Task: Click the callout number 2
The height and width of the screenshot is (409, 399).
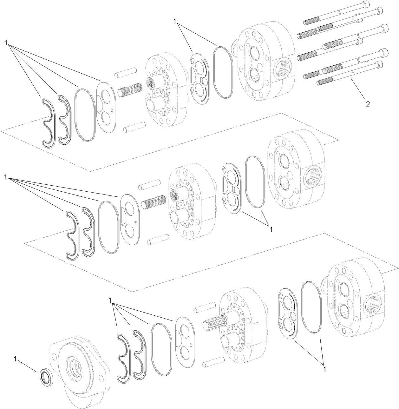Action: point(368,104)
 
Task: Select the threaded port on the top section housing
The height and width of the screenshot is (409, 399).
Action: point(282,67)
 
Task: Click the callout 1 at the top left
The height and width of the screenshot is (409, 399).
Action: point(6,43)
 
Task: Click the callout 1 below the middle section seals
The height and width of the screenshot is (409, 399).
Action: point(270,228)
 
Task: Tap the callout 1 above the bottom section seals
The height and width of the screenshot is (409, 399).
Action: point(110,300)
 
